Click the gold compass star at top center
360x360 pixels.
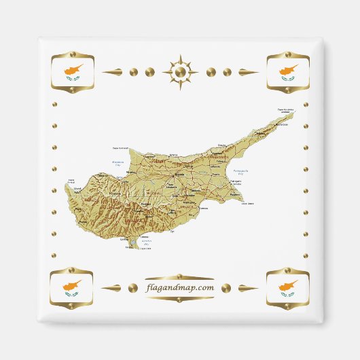click(180, 71)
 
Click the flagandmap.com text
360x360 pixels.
click(180, 287)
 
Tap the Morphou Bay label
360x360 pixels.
click(118, 163)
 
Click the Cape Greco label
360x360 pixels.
click(250, 203)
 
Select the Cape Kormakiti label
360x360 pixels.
click(120, 147)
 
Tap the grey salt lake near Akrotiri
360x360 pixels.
click(143, 240)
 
